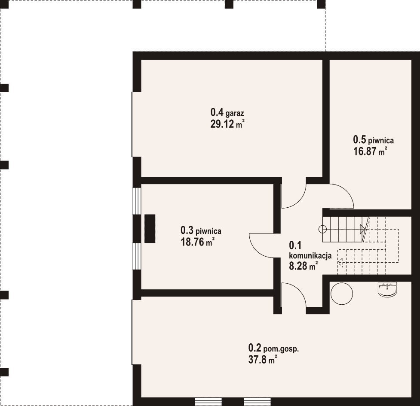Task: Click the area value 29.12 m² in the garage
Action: (227, 124)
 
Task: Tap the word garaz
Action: (235, 113)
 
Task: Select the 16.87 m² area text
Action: (370, 151)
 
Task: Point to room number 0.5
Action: (359, 139)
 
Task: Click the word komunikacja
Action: (310, 256)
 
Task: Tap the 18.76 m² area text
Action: (198, 242)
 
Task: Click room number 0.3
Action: (187, 230)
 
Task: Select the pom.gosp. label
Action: (281, 349)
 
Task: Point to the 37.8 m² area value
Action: (263, 360)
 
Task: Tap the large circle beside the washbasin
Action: (342, 294)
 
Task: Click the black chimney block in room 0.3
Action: (150, 228)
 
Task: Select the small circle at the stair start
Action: (322, 229)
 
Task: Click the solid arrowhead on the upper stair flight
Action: (362, 229)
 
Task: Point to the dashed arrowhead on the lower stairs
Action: (340, 263)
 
